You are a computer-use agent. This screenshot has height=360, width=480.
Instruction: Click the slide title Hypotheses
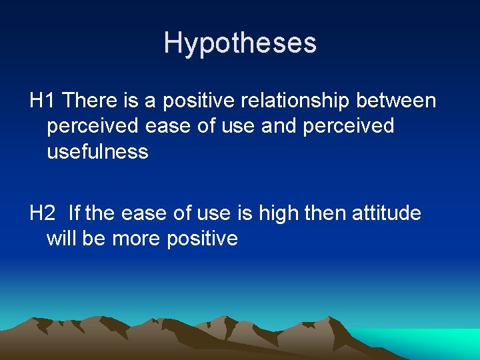[240, 43]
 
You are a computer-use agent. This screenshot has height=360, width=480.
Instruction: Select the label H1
[43, 101]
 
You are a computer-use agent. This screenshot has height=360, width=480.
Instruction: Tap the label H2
[43, 213]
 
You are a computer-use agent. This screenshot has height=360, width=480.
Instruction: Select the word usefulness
[97, 152]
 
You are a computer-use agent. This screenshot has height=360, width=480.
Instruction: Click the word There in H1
[89, 101]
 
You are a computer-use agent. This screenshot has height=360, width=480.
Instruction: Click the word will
[61, 239]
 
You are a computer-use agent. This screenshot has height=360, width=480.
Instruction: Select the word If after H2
[73, 213]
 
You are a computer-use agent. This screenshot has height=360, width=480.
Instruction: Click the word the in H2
[100, 213]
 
